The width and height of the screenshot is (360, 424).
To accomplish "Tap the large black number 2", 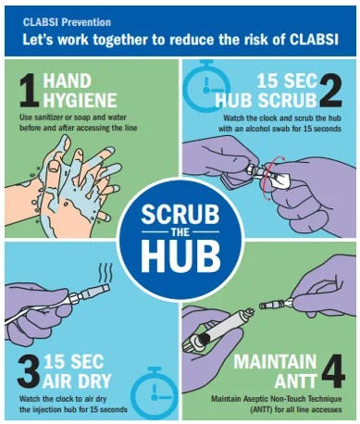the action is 330,92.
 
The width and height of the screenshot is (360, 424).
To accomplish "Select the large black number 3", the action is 29,371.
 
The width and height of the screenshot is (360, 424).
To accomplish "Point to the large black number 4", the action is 333,371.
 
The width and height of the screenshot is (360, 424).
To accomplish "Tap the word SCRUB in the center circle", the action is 180,214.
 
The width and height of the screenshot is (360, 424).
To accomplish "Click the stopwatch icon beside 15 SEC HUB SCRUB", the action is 205,86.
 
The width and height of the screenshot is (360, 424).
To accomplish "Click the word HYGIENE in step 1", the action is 80,100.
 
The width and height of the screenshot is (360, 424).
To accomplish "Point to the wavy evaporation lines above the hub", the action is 105,273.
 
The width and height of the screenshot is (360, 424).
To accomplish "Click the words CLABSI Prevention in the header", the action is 67,22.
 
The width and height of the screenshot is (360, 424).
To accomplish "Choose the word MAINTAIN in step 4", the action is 275,361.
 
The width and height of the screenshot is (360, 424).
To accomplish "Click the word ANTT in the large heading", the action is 295,381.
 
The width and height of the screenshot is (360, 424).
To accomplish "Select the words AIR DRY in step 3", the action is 77,381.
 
